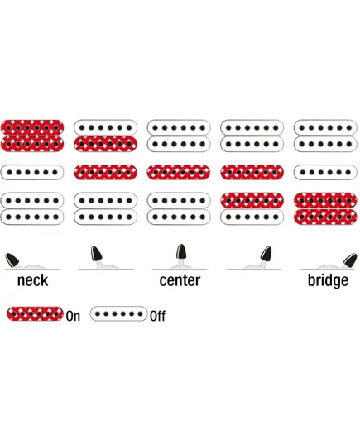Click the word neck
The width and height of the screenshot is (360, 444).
pos(32,280)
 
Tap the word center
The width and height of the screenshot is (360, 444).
pos(180,280)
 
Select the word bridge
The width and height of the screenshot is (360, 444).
pos(328,280)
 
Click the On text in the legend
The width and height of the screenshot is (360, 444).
pos(73,316)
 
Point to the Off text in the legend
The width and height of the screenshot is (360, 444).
pos(157,316)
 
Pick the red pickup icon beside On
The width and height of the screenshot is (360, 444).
pos(35,313)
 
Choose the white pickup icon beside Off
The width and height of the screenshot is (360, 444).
pos(119,313)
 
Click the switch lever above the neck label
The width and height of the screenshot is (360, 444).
pos(12,260)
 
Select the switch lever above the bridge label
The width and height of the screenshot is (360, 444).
pos(349,260)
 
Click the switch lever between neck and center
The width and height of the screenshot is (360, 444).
pos(97,255)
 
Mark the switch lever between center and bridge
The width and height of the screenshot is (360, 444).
pos(266,255)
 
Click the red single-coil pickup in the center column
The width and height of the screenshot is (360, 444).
pos(179,172)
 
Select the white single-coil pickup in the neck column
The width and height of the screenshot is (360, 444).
pos(32,172)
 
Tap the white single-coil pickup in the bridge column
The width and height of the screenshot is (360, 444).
pos(325,172)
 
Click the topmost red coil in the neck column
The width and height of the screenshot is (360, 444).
pos(32,127)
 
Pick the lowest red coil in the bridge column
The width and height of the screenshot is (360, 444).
pos(325,217)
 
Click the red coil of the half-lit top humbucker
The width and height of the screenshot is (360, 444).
pos(105,144)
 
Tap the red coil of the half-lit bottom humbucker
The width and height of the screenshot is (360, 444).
pos(252,200)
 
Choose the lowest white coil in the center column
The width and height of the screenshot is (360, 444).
pos(179,217)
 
